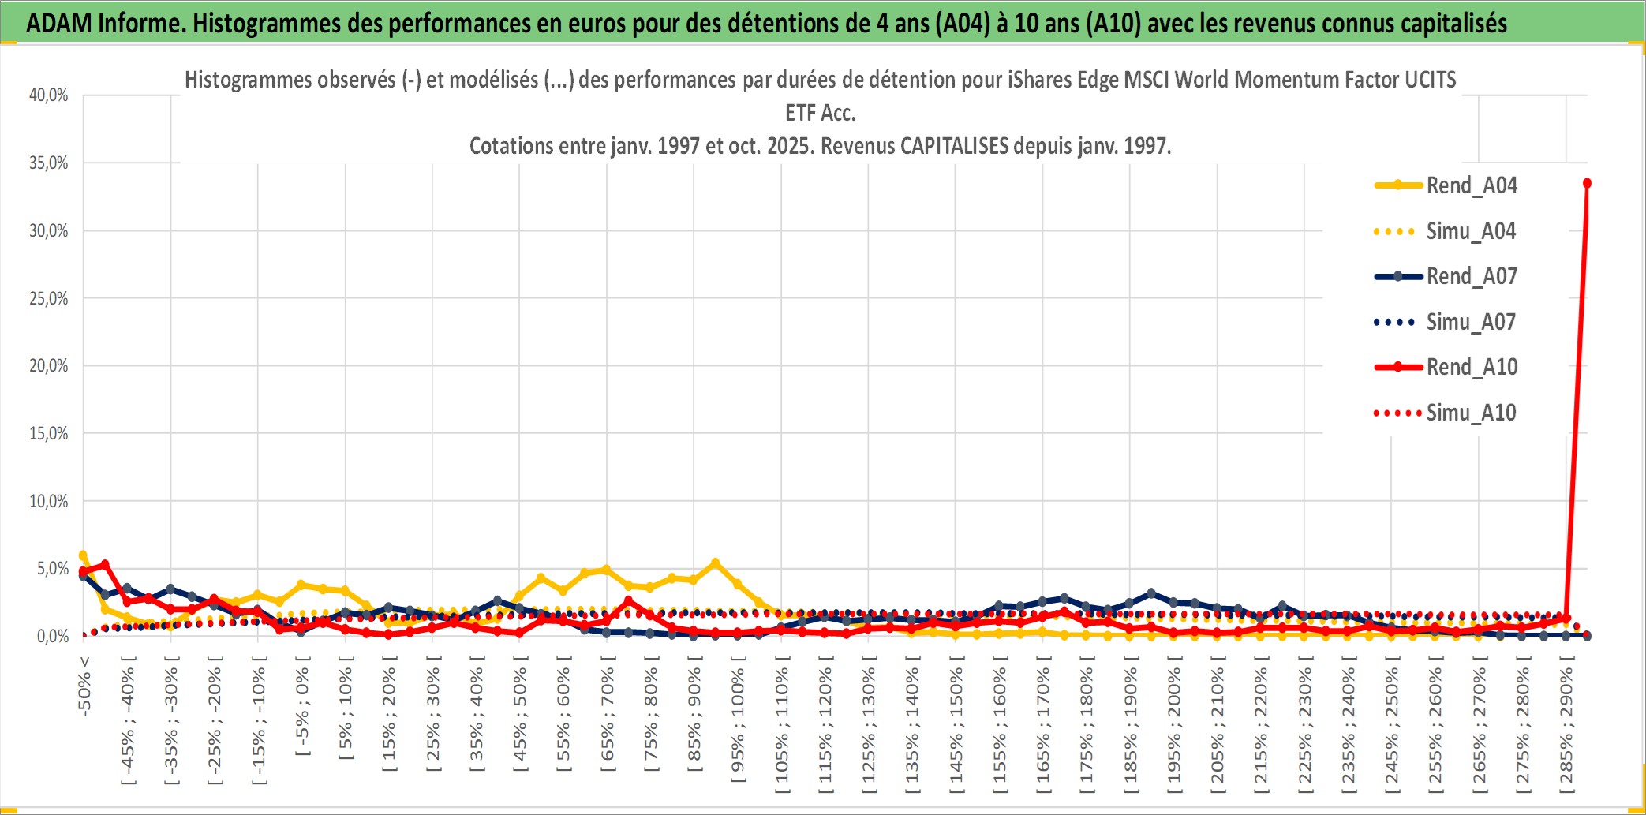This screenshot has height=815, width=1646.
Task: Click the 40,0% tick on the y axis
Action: (49, 95)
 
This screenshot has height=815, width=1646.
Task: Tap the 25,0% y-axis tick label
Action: (49, 298)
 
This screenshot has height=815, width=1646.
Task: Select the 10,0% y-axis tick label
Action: (49, 501)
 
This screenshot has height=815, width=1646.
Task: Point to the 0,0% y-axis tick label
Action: (52, 636)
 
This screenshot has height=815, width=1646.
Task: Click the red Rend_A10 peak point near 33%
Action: (1587, 183)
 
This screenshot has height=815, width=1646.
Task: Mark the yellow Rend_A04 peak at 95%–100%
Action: (715, 563)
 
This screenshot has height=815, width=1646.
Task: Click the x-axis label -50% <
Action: (84, 686)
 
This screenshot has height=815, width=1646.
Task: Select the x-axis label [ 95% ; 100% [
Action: (738, 725)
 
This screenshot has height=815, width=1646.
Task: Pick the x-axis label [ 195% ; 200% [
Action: (1174, 730)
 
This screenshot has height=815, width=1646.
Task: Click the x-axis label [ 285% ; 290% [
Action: (1566, 730)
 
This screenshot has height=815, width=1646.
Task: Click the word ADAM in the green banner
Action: (59, 23)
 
